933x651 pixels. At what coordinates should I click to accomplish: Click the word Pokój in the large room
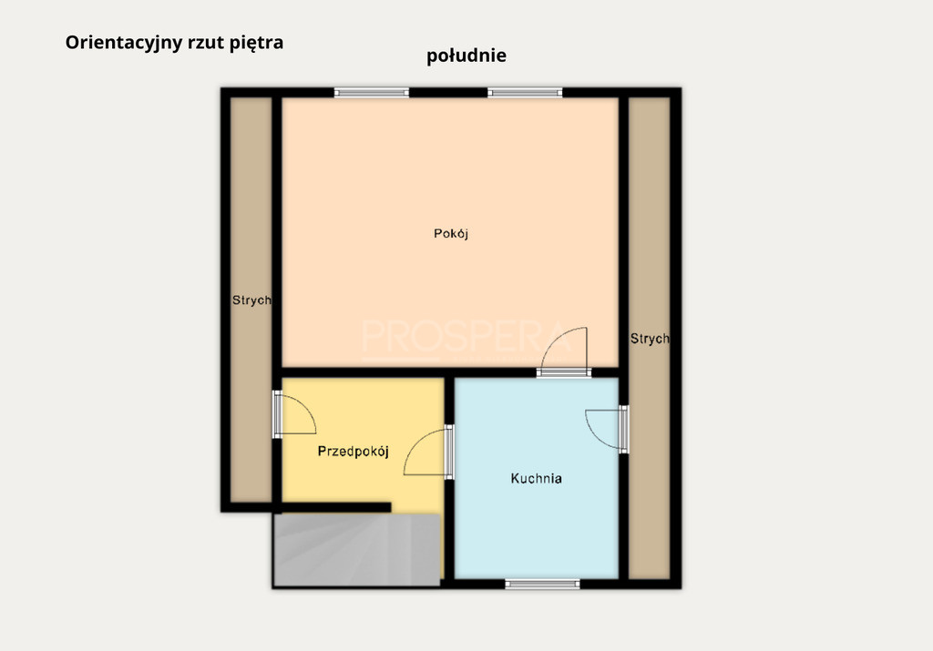(x=451, y=234)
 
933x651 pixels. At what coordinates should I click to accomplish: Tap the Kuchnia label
(x=536, y=479)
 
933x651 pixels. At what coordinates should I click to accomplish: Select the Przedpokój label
(x=354, y=452)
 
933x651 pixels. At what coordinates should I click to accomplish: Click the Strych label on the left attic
(x=251, y=300)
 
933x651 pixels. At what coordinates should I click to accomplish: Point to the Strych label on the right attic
(x=650, y=339)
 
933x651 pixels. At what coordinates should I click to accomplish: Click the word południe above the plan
(x=466, y=56)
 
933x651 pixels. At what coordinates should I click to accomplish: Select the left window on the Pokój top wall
(x=372, y=92)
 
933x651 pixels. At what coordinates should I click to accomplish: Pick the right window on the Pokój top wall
(x=525, y=92)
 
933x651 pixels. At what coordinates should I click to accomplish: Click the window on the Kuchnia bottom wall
(x=542, y=585)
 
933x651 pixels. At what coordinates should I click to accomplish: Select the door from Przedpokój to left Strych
(x=293, y=414)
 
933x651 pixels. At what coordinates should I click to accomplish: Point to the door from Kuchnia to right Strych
(x=608, y=429)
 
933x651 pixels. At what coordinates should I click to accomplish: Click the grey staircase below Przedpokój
(x=356, y=550)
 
